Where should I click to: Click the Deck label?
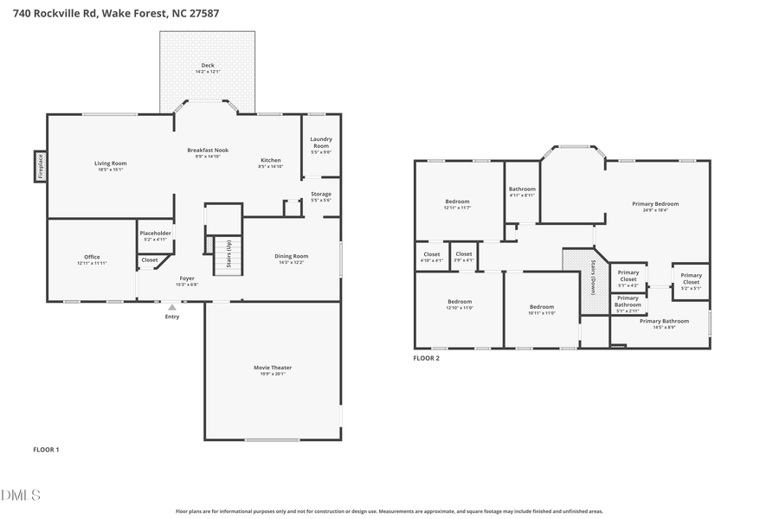(208, 66)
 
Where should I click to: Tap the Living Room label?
(111, 163)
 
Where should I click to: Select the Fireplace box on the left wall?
(40, 166)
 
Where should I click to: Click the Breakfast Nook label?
(208, 151)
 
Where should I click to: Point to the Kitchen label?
(271, 160)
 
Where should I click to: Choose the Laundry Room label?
(321, 142)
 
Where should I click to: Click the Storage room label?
(321, 194)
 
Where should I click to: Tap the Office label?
(92, 257)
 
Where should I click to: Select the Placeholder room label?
(156, 234)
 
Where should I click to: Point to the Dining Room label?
(293, 256)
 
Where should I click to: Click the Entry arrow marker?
(172, 306)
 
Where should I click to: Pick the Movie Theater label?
(273, 368)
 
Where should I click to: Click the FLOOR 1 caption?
(46, 449)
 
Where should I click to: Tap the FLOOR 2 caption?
(426, 357)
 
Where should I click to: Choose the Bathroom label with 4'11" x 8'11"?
(522, 189)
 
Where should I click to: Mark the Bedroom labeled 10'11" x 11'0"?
(542, 307)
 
